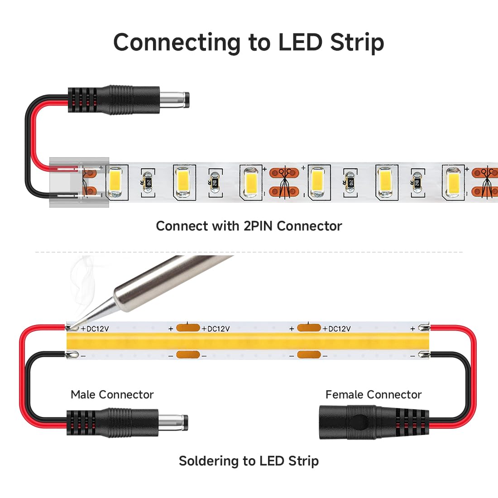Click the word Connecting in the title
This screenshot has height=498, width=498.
click(x=176, y=42)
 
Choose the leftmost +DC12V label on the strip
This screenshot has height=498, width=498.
click(x=95, y=329)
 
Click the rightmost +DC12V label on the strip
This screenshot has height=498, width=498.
click(x=336, y=329)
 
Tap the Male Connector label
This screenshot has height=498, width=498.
click(x=112, y=395)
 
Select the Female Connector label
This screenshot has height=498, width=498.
click(x=373, y=395)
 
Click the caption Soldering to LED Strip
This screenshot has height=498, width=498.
click(x=249, y=461)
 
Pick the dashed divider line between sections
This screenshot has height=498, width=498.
click(x=249, y=252)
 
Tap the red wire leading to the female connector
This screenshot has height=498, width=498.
click(x=471, y=362)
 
